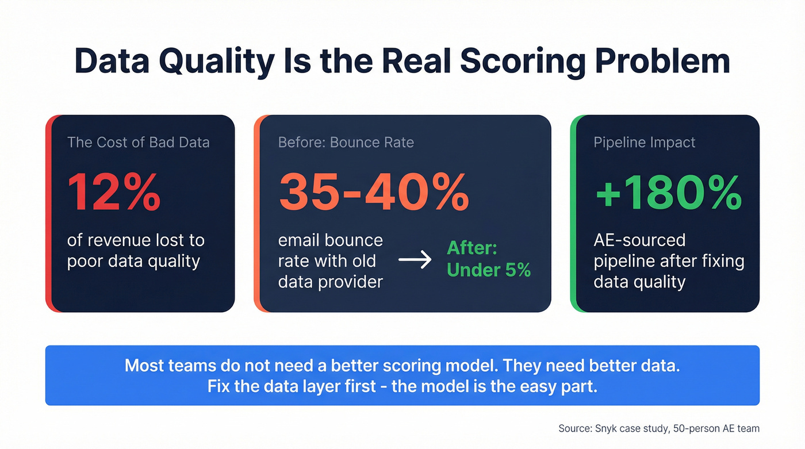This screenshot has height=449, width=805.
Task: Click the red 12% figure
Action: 114,192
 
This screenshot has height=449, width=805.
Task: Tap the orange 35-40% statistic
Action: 374,192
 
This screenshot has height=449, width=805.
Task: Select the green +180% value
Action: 668,192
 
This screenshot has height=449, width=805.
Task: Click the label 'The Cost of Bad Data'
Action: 138,143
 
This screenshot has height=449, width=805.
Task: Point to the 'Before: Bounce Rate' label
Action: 346,143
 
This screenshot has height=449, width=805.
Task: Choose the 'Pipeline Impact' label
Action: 644,143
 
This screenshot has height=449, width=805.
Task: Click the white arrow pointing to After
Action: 415,260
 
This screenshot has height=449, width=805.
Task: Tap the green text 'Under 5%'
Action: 488,270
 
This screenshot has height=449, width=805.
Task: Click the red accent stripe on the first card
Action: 48,213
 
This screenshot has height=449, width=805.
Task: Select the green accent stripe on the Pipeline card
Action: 573,213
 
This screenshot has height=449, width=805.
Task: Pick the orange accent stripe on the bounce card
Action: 257,213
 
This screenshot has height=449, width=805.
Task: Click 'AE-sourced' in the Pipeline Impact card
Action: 639,240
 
